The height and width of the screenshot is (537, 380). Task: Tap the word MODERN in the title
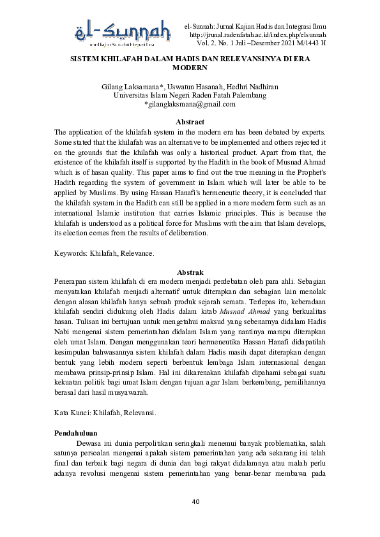190,67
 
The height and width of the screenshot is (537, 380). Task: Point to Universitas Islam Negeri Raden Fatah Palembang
190,96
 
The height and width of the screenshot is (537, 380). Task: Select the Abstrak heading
190,272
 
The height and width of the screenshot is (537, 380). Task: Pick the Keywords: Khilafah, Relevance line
104,253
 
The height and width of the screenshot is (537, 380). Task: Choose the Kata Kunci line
105,413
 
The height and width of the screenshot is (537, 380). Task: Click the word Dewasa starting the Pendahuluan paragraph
90,443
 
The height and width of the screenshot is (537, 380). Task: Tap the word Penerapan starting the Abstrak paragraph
72,282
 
